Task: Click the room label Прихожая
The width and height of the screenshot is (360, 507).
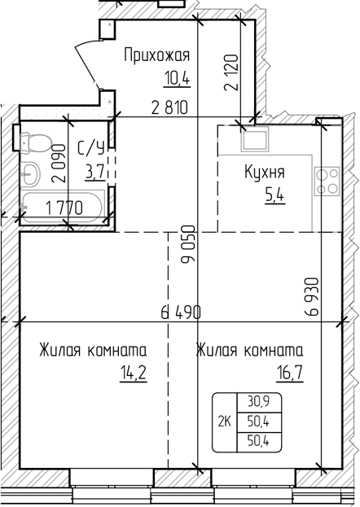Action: (156, 55)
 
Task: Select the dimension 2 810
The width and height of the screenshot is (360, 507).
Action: (173, 107)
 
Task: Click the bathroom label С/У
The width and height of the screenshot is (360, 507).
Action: (90, 148)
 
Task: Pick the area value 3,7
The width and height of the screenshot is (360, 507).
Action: (93, 171)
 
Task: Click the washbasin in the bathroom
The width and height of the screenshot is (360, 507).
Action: (31, 173)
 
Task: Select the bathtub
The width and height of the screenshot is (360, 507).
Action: (62, 208)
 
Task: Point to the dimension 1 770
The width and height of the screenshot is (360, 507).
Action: (64, 207)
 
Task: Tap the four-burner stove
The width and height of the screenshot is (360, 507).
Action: (328, 180)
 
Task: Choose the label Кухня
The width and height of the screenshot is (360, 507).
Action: (264, 173)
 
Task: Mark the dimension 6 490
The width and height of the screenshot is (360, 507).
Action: (180, 312)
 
